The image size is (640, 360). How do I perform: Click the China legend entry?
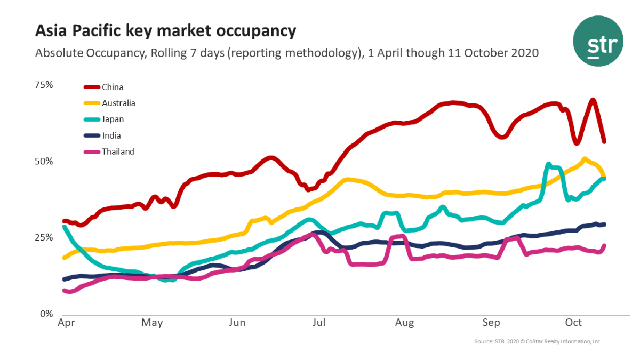coord(112,87)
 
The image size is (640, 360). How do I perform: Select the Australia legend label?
coord(118,103)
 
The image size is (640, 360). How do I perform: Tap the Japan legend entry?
coord(113,119)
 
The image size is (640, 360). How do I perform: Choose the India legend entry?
coord(111,135)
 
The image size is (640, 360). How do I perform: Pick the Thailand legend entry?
coord(118,151)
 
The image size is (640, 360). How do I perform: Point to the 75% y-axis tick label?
coord(44,85)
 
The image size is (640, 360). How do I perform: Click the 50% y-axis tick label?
coord(44,162)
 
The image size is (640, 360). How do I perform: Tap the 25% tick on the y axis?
coord(44,237)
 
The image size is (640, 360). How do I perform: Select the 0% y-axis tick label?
coord(47,314)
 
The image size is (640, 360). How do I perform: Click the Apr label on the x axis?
coord(65,323)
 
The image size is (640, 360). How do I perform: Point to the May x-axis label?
coord(153,323)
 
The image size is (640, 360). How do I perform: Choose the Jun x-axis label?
coord(237,323)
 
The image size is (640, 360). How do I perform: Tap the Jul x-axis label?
coord(319,323)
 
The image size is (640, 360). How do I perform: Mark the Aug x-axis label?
coord(405,323)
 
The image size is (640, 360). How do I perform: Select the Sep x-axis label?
coord(491,323)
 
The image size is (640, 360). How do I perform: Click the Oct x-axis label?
coord(573,323)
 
